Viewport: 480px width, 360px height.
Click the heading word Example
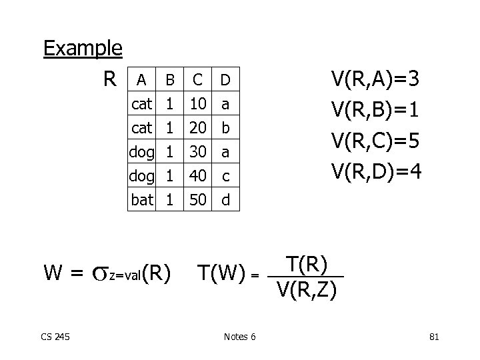pyautogui.click(x=82, y=48)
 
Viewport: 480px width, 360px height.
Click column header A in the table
pyautogui.click(x=141, y=80)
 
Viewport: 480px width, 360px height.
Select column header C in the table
pyautogui.click(x=197, y=80)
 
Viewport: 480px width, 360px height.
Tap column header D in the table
pyautogui.click(x=225, y=80)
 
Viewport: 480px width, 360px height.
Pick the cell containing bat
pyautogui.click(x=143, y=199)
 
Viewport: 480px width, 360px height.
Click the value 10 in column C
pyautogui.click(x=197, y=104)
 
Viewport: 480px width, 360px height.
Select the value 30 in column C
pyautogui.click(x=197, y=152)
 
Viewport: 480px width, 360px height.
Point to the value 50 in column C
pyautogui.click(x=197, y=199)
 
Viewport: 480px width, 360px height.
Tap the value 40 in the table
pyautogui.click(x=197, y=176)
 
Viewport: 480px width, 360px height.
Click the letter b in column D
pyautogui.click(x=225, y=128)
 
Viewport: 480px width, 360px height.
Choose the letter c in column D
pyautogui.click(x=225, y=176)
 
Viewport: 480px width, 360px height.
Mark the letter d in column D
pyautogui.click(x=225, y=199)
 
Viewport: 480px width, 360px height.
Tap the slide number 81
pyautogui.click(x=434, y=337)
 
